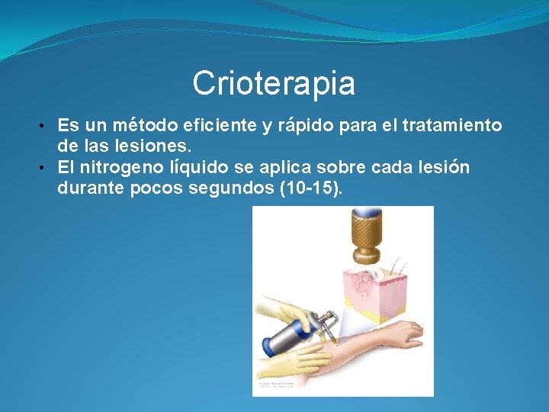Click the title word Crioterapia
tap(274, 83)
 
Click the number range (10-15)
tap(310, 188)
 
